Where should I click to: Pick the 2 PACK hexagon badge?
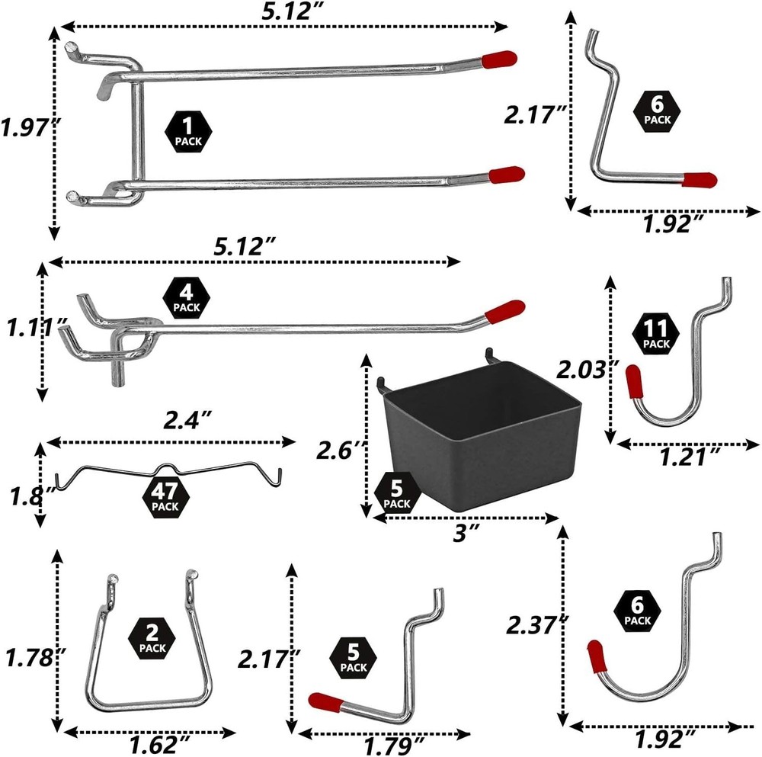click(152, 639)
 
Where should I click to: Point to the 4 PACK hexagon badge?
click(186, 298)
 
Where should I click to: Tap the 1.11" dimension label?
click(30, 329)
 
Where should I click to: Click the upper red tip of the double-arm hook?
click(499, 58)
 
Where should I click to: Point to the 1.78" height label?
click(30, 656)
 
